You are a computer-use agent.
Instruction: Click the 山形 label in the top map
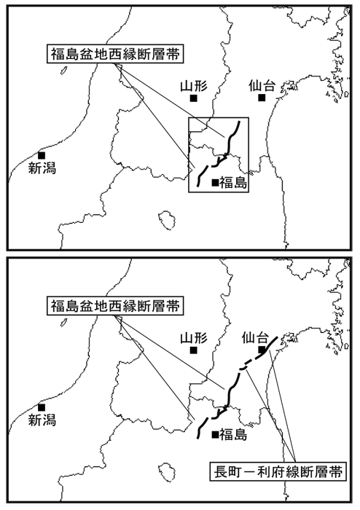point(194,87)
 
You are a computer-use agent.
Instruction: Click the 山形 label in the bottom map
point(194,339)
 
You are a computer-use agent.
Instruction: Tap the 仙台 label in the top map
point(262,86)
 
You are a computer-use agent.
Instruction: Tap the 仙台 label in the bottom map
point(255,338)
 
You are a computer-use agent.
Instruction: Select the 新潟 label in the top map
point(42,168)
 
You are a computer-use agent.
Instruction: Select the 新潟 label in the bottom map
point(42,420)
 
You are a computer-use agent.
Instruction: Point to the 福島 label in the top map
point(233,183)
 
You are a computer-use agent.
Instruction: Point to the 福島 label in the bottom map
point(233,435)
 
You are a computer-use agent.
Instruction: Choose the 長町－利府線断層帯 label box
point(278,472)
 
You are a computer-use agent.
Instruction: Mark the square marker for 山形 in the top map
point(194,98)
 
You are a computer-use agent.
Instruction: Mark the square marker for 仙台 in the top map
point(262,98)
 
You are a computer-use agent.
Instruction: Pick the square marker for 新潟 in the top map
point(42,155)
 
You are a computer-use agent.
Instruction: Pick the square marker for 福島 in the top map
point(215,183)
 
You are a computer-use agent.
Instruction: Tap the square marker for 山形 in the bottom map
point(194,350)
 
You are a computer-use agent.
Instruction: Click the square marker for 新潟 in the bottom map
point(42,407)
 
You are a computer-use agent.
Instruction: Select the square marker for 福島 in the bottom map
point(215,435)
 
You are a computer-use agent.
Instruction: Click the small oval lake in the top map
point(167,221)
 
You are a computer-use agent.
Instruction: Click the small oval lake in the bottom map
point(167,473)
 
